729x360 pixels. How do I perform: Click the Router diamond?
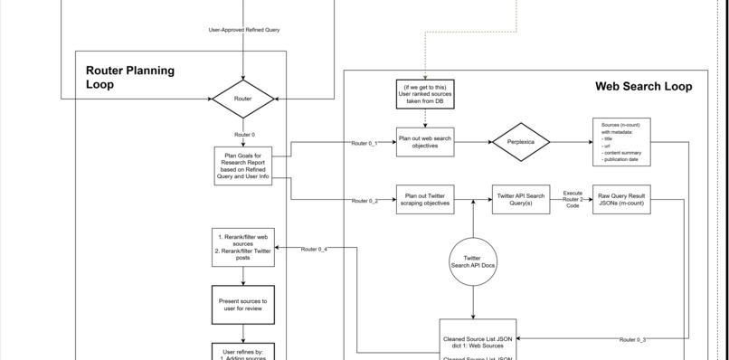point(242,98)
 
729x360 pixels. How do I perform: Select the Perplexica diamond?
point(521,142)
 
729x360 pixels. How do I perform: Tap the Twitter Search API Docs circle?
point(472,262)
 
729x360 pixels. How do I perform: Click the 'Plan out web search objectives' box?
point(425,142)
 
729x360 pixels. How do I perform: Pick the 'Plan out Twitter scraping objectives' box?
point(425,199)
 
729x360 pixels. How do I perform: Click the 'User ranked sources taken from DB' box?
point(425,93)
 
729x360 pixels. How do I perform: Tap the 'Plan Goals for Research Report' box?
point(242,166)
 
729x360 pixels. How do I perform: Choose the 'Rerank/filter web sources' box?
point(242,248)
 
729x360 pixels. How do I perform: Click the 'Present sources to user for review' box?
point(242,304)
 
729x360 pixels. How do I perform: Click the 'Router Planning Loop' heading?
point(130,77)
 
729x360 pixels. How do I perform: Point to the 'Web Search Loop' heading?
point(643,87)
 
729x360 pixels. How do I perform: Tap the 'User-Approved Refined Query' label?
point(243,30)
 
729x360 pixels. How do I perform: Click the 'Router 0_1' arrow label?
point(364,144)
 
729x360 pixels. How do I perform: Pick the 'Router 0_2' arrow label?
point(364,201)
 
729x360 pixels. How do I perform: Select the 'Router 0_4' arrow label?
point(314,249)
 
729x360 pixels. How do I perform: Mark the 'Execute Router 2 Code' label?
point(573,199)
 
